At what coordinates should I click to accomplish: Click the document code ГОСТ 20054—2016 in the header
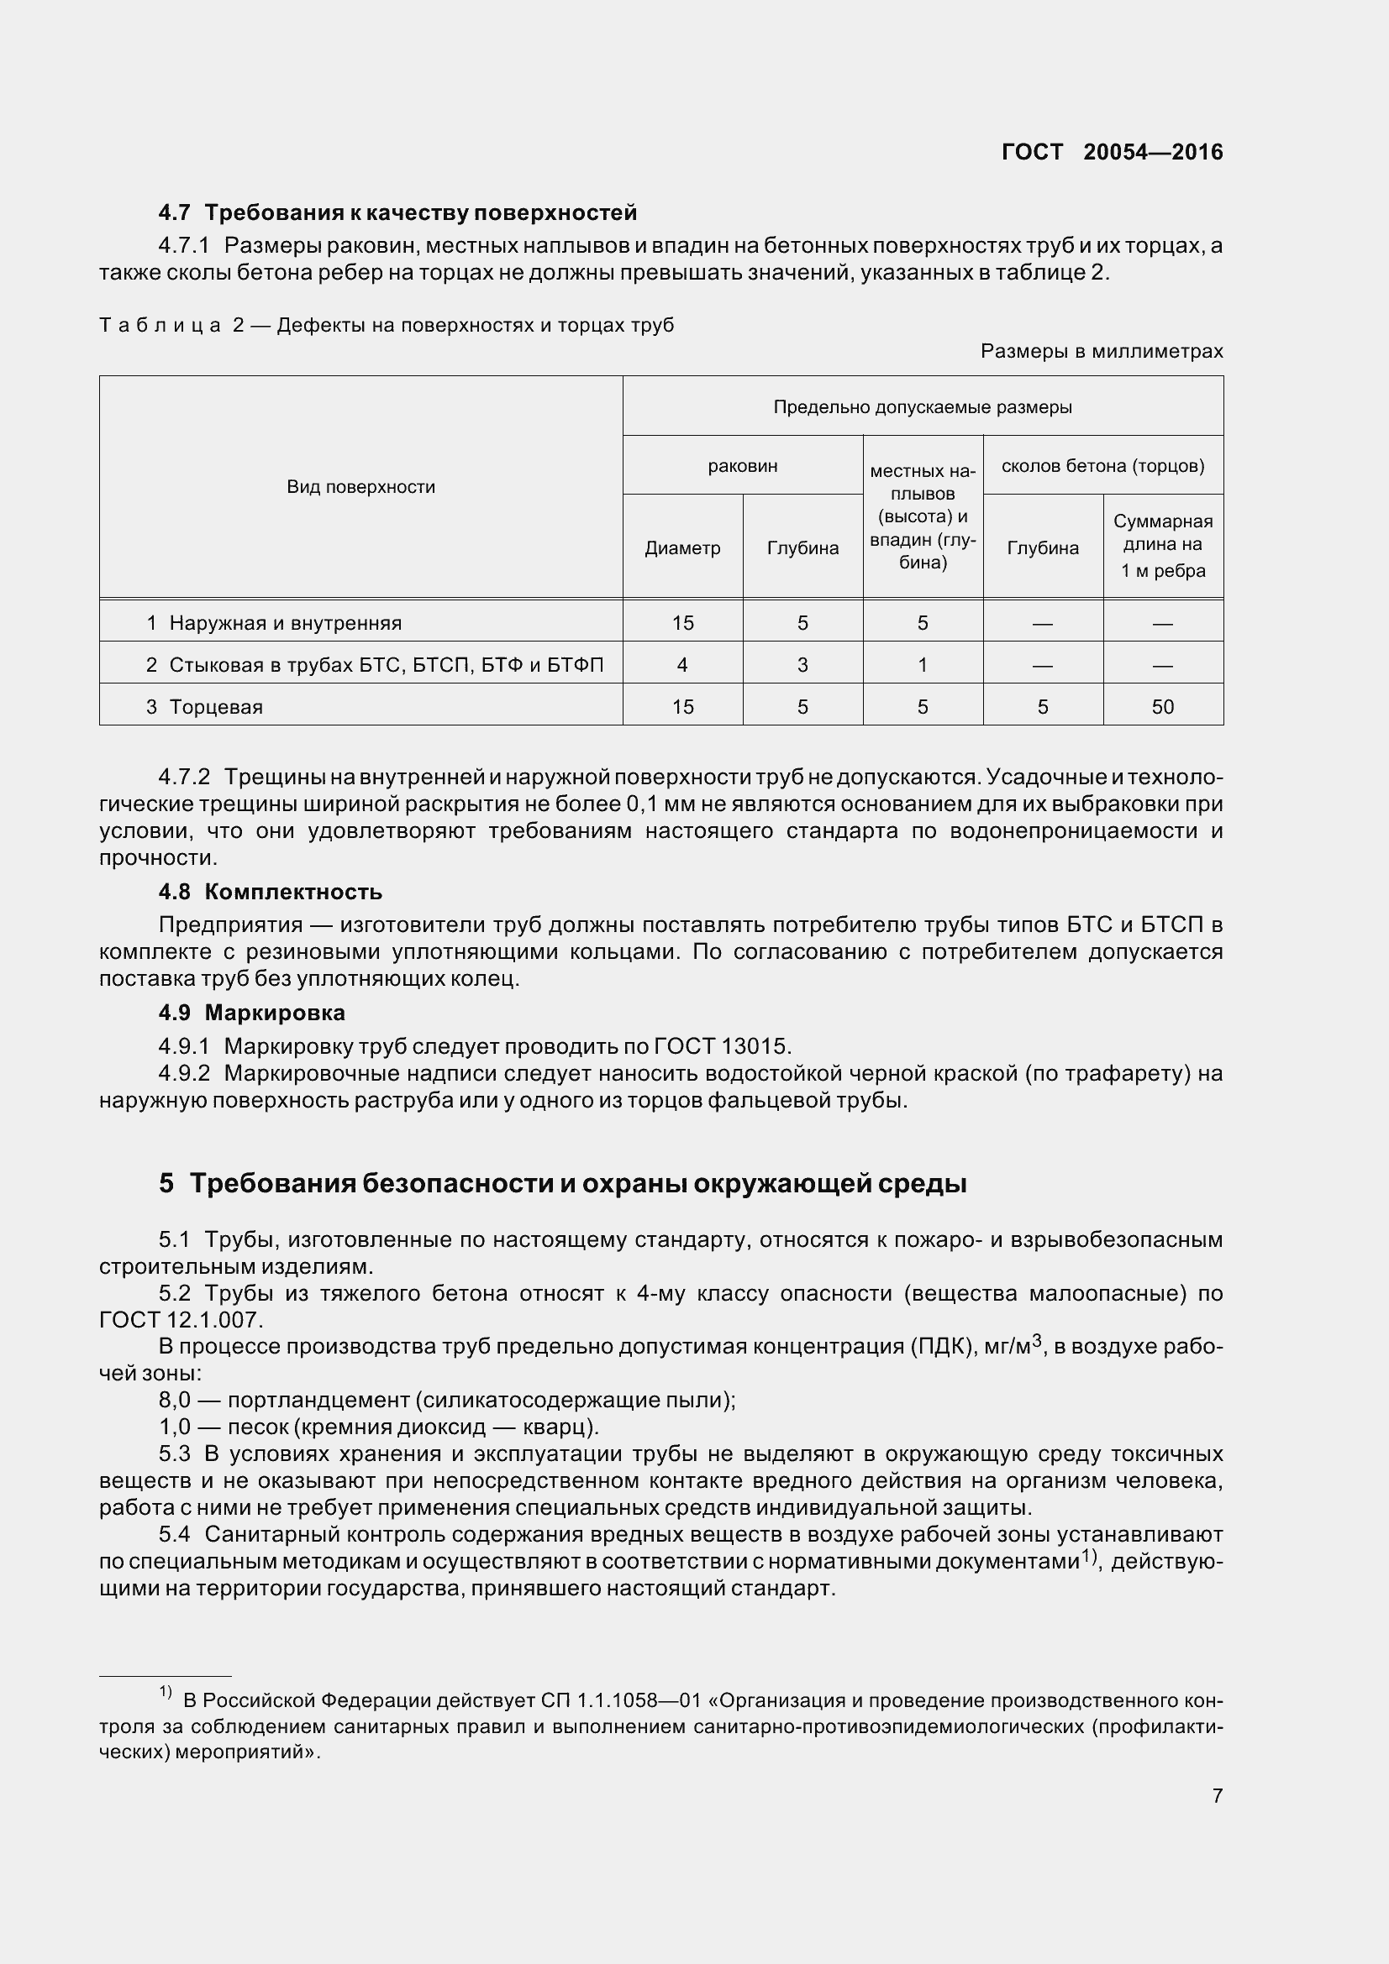tap(1112, 152)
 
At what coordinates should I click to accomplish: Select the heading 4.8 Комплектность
tap(270, 892)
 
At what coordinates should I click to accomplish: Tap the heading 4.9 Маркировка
tap(251, 1012)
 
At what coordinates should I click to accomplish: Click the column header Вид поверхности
tap(360, 487)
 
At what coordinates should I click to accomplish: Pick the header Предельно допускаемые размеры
tap(922, 407)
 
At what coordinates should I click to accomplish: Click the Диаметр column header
tap(682, 548)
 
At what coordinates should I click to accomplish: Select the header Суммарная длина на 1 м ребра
tap(1162, 546)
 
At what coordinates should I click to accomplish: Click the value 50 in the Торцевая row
tap(1162, 706)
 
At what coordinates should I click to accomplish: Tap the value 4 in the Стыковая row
tap(682, 665)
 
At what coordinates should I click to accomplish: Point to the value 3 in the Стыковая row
tap(802, 665)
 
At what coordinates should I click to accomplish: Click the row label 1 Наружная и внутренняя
tap(274, 623)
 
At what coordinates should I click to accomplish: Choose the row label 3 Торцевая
tap(204, 706)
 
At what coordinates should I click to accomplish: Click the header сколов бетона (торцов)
tap(1102, 466)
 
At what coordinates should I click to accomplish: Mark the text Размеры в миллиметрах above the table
tap(1102, 351)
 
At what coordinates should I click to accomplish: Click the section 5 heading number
tap(166, 1183)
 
